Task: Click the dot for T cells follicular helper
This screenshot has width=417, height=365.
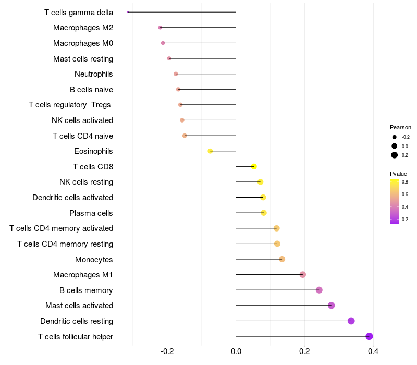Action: coord(369,336)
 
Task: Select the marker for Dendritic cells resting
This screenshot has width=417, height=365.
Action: coord(351,321)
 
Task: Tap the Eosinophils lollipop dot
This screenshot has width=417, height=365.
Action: coord(210,151)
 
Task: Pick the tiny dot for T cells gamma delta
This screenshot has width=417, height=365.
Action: coord(128,12)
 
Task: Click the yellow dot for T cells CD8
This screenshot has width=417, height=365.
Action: coord(254,166)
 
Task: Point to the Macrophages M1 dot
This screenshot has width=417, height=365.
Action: coord(303,275)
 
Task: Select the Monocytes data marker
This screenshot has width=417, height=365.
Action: coord(282,259)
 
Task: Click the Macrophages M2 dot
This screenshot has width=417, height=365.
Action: coord(160,28)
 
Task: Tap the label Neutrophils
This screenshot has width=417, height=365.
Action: coord(94,74)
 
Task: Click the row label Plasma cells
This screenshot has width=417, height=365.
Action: coord(91,213)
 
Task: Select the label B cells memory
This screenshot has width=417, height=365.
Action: coord(86,290)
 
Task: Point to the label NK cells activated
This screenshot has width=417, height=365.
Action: coord(82,120)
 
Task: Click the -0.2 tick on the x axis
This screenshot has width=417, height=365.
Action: coord(167,351)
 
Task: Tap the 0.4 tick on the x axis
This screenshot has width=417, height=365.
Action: coord(373,351)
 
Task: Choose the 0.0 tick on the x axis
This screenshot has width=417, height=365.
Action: coord(236,351)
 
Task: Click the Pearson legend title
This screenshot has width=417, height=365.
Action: coord(400,127)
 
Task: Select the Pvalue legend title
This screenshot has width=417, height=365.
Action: coord(398,174)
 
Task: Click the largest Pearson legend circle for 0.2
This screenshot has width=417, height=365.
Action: coord(395,155)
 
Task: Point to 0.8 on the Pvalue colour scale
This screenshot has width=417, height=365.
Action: coord(405,182)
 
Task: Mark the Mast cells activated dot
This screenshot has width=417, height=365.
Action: coord(331,306)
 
